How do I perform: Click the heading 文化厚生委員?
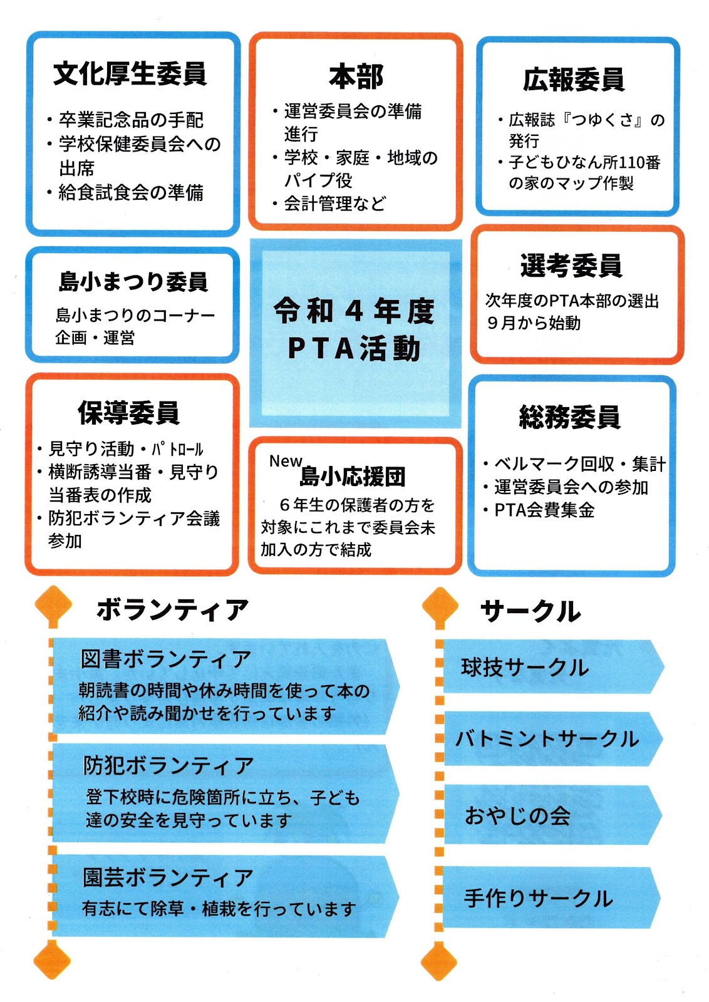pyautogui.click(x=130, y=74)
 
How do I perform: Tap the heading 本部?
pyautogui.click(x=356, y=76)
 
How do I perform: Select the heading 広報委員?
pyautogui.click(x=574, y=80)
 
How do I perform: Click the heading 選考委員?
pyautogui.click(x=571, y=266)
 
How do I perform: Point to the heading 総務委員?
pyautogui.click(x=569, y=416)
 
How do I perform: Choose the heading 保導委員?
pyautogui.click(x=129, y=412)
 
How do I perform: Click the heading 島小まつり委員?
pyautogui.click(x=133, y=282)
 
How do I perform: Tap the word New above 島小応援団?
pyautogui.click(x=286, y=461)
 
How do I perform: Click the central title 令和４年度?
pyautogui.click(x=354, y=311)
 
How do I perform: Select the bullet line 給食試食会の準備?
pyautogui.click(x=131, y=192)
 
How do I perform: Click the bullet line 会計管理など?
pyautogui.click(x=335, y=203)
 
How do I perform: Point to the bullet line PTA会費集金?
pyautogui.click(x=544, y=510)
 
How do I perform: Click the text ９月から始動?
pyautogui.click(x=534, y=323)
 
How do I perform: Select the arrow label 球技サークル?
pyautogui.click(x=525, y=668)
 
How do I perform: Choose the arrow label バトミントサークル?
pyautogui.click(x=547, y=739)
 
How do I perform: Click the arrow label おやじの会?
pyautogui.click(x=517, y=815)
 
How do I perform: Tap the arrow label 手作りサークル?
pyautogui.click(x=538, y=898)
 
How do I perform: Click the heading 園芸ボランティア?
pyautogui.click(x=168, y=877)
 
